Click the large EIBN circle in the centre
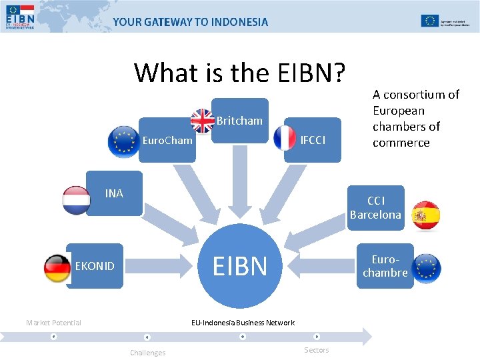tap(239, 265)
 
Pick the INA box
tap(115, 193)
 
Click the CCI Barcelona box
tap(375, 207)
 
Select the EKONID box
tap(95, 266)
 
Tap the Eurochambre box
tap(385, 266)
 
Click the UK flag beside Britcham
tap(203, 121)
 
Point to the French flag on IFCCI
tap(285, 137)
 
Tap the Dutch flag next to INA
tap(76, 200)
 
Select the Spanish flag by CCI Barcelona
tap(425, 215)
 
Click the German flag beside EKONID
tap(57, 269)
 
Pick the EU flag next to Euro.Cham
tap(122, 141)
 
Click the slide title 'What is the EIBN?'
tap(239, 72)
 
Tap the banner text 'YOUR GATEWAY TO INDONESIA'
tap(191, 21)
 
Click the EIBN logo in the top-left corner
tap(19, 17)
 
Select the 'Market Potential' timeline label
tap(53, 323)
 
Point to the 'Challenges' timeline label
tap(147, 352)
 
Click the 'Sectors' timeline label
tap(316, 350)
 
